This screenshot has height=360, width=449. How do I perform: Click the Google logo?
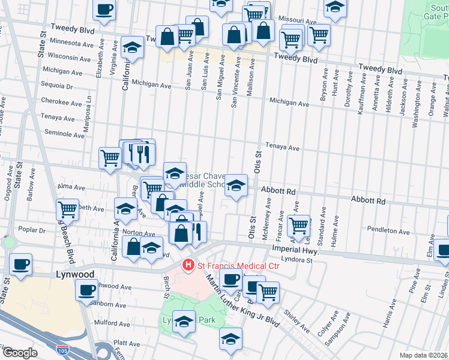click(20, 353)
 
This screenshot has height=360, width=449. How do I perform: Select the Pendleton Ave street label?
click(389, 231)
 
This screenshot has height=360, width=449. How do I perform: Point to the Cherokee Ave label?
click(61, 103)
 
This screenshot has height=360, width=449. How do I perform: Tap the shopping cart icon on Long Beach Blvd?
click(68, 210)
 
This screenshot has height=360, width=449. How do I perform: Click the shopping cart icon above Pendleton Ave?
click(298, 226)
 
